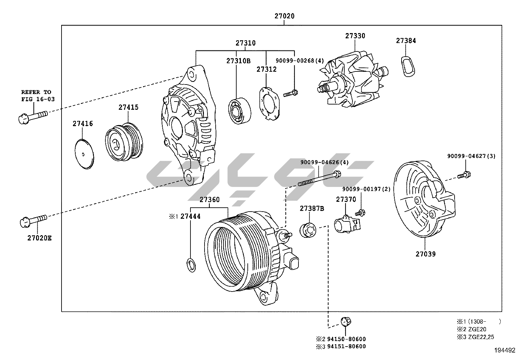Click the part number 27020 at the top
tap(284, 16)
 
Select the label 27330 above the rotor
tap(355, 36)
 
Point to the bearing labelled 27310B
tap(239, 110)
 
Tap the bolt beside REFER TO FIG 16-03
tap(32, 117)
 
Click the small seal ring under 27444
tap(191, 265)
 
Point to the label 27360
tap(210, 199)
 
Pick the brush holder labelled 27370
tap(346, 224)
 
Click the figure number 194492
tap(504, 350)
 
